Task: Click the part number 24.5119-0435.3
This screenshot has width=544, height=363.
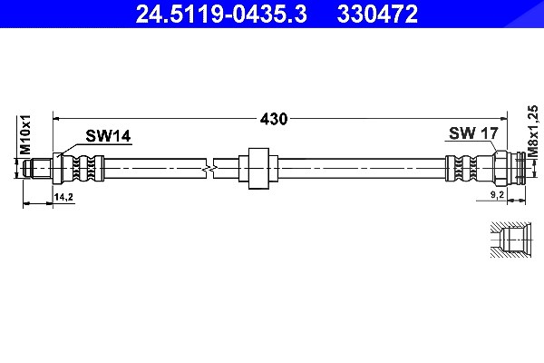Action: (x=221, y=15)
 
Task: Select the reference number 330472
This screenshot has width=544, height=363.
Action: (x=377, y=15)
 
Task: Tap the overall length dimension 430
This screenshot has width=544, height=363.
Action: (x=274, y=119)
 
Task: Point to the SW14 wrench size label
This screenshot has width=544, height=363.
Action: (x=108, y=136)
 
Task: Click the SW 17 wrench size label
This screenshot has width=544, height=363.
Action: (x=473, y=133)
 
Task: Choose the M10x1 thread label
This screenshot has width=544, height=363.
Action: (x=25, y=135)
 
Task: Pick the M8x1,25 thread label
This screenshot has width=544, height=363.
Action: (x=533, y=131)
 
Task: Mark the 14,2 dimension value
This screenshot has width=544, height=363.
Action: (x=63, y=197)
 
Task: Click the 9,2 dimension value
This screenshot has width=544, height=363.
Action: (x=497, y=195)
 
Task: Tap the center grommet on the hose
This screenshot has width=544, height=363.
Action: (x=258, y=169)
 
